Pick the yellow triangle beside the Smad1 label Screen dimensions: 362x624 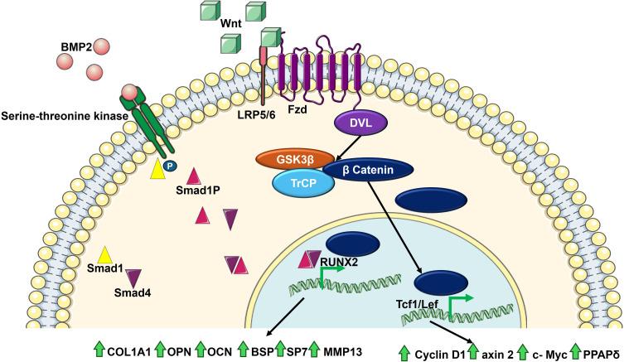[x=105, y=256]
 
